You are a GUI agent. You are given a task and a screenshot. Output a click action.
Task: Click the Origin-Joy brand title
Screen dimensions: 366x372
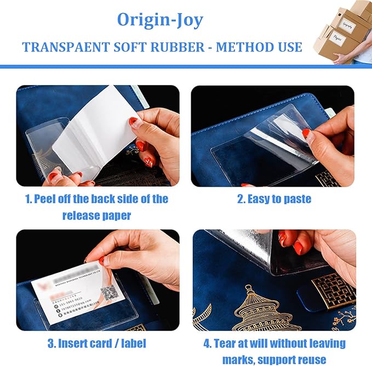coord(159,20)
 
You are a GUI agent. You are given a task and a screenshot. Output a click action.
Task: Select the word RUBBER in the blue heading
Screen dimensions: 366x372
coord(175,47)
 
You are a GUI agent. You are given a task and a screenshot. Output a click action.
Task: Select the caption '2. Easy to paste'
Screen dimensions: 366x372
coord(274,199)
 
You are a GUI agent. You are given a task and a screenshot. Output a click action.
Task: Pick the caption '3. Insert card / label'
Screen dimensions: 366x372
coord(98,344)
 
